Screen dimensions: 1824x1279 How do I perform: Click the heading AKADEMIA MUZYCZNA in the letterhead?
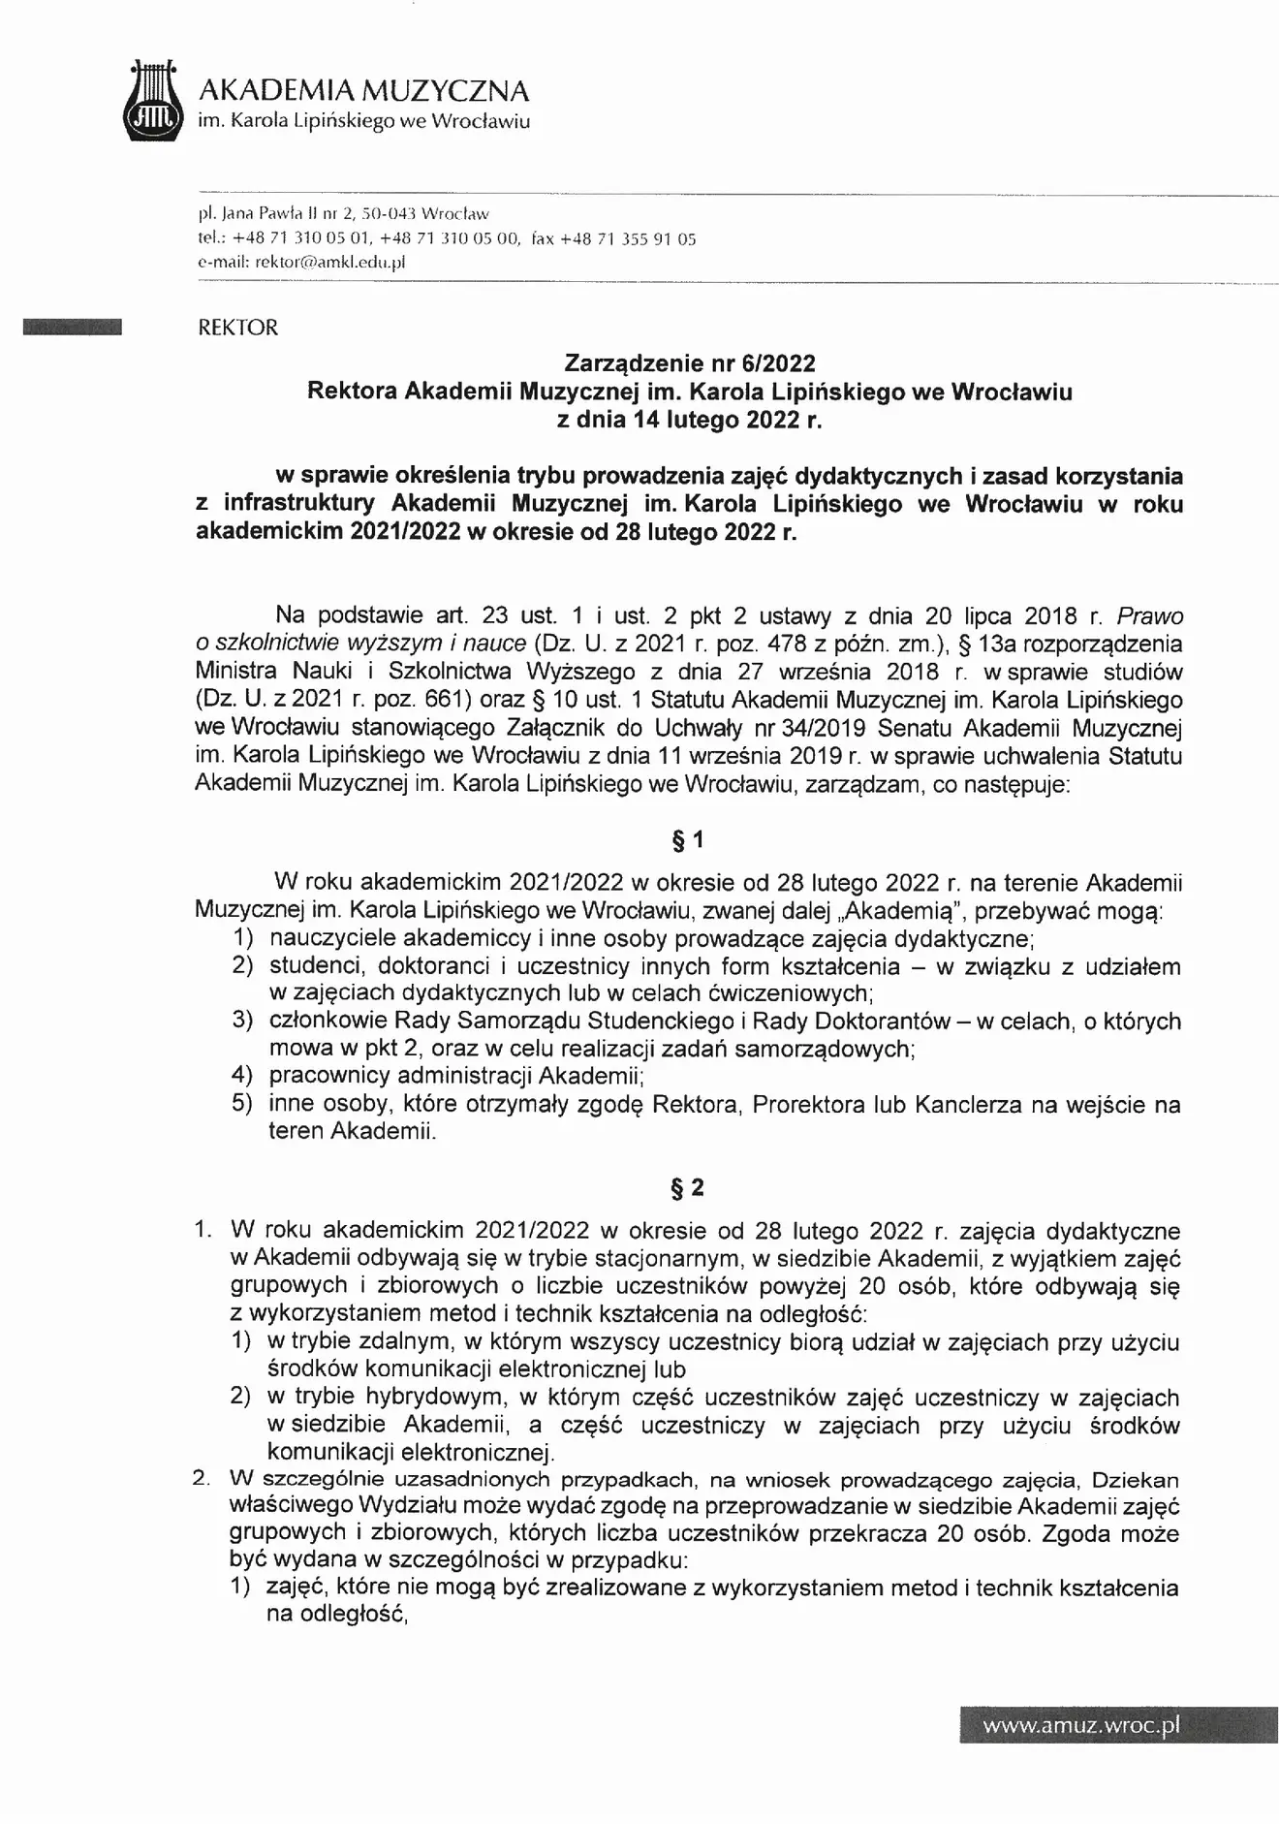363,91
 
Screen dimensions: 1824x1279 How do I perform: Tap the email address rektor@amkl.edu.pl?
328,262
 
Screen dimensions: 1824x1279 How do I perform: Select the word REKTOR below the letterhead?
237,328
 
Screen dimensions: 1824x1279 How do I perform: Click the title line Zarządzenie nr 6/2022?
690,363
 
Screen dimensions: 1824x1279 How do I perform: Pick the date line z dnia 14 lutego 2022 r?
689,420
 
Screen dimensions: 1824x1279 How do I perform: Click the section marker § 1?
688,841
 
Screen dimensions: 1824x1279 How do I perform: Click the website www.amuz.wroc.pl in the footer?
1080,1725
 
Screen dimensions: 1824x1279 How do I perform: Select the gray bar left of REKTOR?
73,328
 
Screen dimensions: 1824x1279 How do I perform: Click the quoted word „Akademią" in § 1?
907,911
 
